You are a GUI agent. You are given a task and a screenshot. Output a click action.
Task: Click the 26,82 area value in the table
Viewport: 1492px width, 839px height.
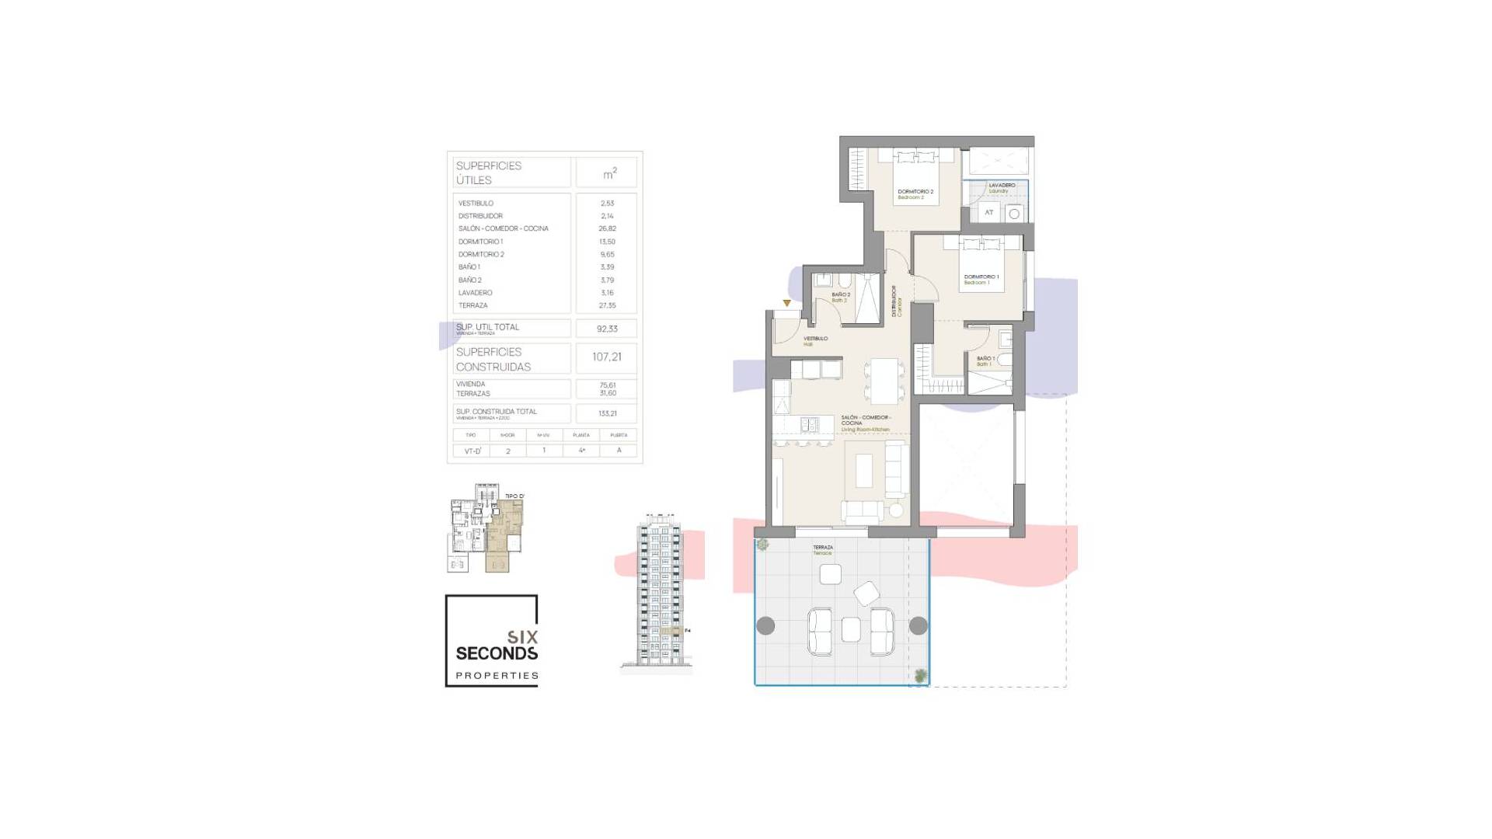(607, 228)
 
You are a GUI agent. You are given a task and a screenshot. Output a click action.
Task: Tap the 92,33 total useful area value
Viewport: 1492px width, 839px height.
(607, 329)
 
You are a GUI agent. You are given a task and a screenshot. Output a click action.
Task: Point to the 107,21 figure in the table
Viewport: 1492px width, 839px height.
(607, 357)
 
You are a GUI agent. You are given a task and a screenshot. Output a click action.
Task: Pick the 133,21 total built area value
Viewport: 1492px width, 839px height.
(607, 413)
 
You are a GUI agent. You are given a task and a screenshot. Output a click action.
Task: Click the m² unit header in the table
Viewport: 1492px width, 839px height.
(610, 173)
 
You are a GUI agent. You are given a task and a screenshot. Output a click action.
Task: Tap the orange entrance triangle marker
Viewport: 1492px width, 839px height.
(786, 303)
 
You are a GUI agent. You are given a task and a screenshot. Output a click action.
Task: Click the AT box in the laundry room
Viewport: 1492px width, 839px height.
(988, 212)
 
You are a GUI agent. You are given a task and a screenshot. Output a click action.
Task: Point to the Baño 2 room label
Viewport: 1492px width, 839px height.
(841, 296)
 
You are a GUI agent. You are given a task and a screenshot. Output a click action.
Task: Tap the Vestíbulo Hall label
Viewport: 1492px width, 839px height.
(815, 340)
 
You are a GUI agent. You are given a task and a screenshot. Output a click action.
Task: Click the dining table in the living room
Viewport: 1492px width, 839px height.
(884, 380)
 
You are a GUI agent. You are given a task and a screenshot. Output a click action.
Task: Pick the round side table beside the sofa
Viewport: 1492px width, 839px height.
(897, 511)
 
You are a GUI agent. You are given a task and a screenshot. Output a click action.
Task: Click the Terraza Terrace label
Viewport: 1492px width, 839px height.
(822, 549)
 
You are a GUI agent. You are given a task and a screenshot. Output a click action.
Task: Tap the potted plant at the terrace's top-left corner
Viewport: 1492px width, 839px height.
(763, 545)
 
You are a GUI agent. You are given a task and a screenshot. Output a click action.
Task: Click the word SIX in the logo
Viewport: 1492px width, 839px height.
(523, 637)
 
